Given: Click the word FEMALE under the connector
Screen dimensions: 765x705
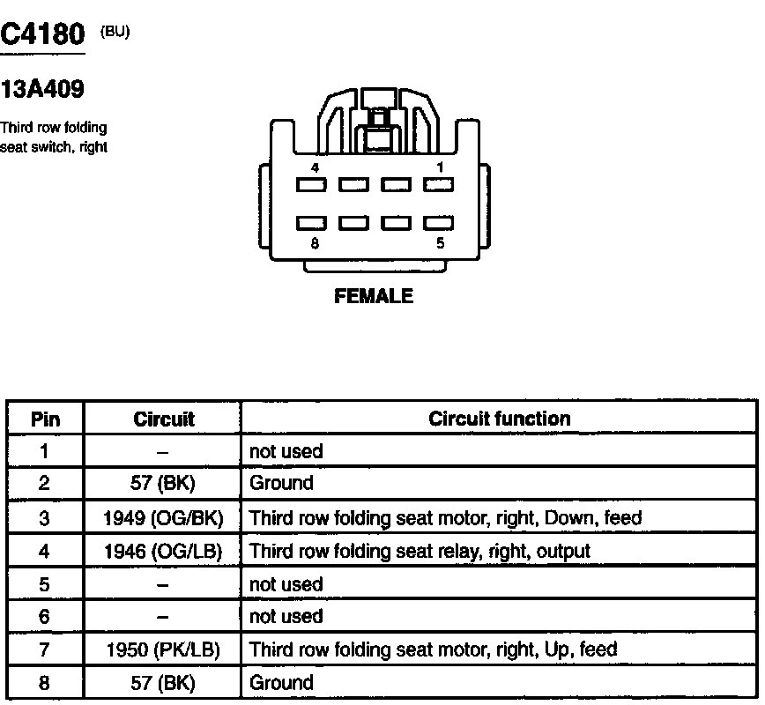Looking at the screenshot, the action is pos(373,296).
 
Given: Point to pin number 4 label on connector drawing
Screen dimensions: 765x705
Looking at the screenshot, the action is pos(315,167).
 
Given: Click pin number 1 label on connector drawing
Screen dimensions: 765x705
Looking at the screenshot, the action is pos(440,167).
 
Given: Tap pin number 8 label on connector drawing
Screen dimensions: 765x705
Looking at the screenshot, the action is pos(315,244).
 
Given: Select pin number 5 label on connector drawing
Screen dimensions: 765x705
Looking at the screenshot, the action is pos(440,244).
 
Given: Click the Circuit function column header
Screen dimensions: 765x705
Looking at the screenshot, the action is pos(499,419).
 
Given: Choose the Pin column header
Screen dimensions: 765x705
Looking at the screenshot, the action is pos(45,419).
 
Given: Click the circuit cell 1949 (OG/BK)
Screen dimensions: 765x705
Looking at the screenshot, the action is pos(162,517).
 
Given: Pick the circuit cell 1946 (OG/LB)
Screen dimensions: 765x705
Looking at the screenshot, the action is pos(162,551).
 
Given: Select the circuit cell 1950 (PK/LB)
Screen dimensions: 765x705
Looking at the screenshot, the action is pos(162,649).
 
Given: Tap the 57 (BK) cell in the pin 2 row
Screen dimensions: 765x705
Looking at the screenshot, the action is pos(162,483).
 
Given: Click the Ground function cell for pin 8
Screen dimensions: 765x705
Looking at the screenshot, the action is pos(281,682).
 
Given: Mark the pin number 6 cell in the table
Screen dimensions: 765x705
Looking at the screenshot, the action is pos(45,617).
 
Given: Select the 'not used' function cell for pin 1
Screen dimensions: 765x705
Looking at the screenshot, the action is pos(286,451).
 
